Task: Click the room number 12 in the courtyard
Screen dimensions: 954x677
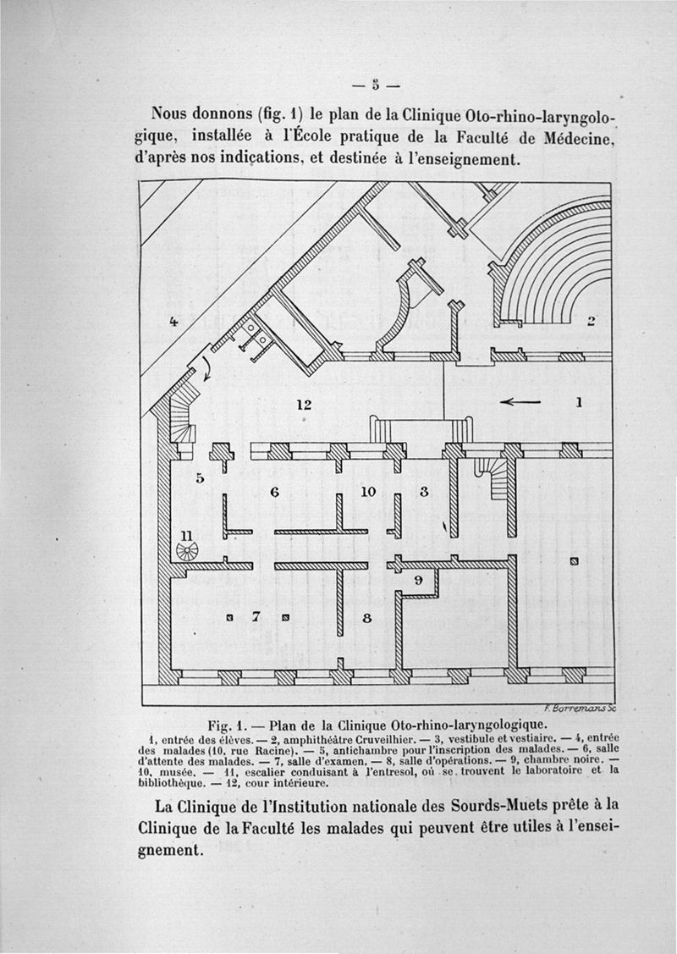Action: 305,405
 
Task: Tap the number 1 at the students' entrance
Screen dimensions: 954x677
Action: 579,403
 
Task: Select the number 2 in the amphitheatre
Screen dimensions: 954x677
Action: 592,321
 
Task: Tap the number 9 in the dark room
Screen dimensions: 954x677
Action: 417,581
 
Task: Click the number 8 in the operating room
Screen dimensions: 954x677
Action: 366,619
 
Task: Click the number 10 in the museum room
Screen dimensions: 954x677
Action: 367,490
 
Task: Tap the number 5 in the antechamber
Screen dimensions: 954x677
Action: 201,477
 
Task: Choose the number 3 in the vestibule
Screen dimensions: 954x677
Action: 425,490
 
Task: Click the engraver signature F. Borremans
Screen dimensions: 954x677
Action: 579,709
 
